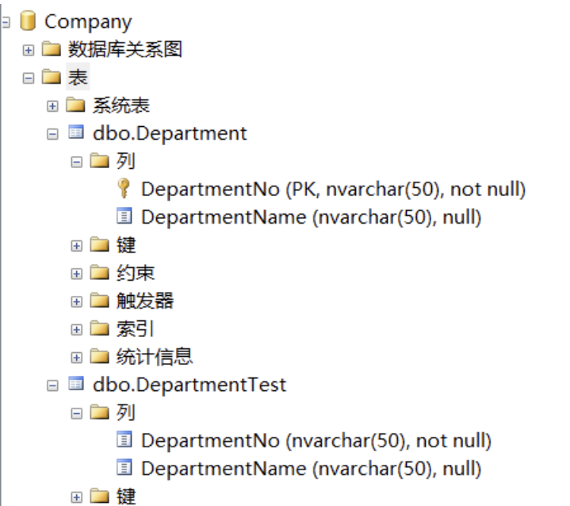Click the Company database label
pyautogui.click(x=88, y=21)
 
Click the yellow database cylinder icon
pyautogui.click(x=29, y=21)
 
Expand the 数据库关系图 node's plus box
pyautogui.click(x=29, y=50)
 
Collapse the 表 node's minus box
pyautogui.click(x=29, y=78)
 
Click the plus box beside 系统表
pyautogui.click(x=52, y=105)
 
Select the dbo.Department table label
pyautogui.click(x=170, y=132)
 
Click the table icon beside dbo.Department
pyautogui.click(x=76, y=132)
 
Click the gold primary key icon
pyautogui.click(x=124, y=189)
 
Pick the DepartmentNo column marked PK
pyautogui.click(x=333, y=189)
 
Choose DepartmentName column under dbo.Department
pyautogui.click(x=311, y=217)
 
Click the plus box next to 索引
pyautogui.click(x=76, y=329)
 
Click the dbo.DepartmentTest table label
pyautogui.click(x=189, y=385)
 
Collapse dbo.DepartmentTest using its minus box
pyautogui.click(x=52, y=385)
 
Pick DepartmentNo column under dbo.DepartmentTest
pyautogui.click(x=316, y=440)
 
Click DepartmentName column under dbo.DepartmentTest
pyautogui.click(x=311, y=468)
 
